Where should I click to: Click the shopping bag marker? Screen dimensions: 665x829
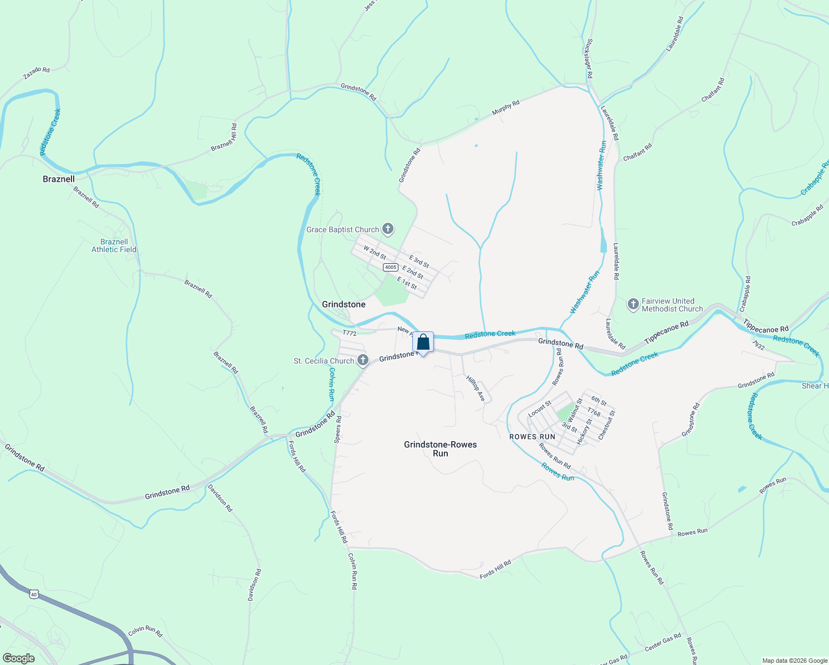[x=423, y=342]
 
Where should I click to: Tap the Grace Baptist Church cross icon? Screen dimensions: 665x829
[x=388, y=229]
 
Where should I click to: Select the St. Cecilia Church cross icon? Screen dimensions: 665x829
[x=362, y=361]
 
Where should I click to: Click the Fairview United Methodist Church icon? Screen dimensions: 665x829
[x=633, y=304]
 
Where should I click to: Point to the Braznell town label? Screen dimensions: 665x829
[x=59, y=179]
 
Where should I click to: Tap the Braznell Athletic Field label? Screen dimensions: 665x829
[x=114, y=245]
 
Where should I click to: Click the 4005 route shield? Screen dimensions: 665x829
[x=390, y=267]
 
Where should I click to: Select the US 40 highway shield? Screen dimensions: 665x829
[x=34, y=594]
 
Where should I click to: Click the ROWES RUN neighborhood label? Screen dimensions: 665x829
[x=532, y=437]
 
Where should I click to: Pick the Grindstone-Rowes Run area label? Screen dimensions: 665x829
[x=441, y=449]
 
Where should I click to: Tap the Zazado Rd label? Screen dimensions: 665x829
[x=37, y=73]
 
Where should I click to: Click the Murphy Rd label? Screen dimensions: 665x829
[x=505, y=108]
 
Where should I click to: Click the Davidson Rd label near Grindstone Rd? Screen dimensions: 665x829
[x=220, y=498]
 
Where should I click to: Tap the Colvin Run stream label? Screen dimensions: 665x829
[x=331, y=384]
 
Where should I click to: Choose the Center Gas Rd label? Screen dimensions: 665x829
[x=663, y=642]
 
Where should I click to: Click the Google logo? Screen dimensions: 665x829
[x=19, y=658]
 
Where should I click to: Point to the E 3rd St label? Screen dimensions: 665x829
[x=419, y=261]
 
